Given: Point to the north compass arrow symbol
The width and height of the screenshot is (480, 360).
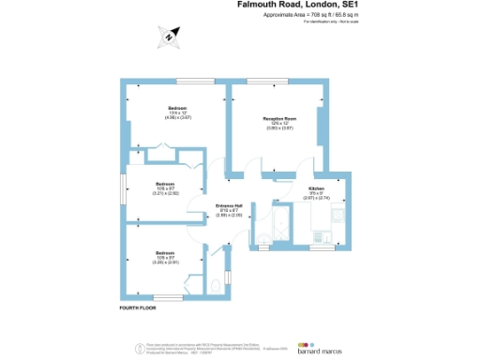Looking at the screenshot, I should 168,37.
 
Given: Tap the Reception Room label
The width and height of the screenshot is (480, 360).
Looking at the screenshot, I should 278,121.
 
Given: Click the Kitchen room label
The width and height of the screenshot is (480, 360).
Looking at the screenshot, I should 318,191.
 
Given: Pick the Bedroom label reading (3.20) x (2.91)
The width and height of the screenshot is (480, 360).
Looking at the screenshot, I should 165,257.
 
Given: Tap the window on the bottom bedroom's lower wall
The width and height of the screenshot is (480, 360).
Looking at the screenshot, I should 168,297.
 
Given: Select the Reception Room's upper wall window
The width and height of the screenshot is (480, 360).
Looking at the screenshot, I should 263,82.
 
